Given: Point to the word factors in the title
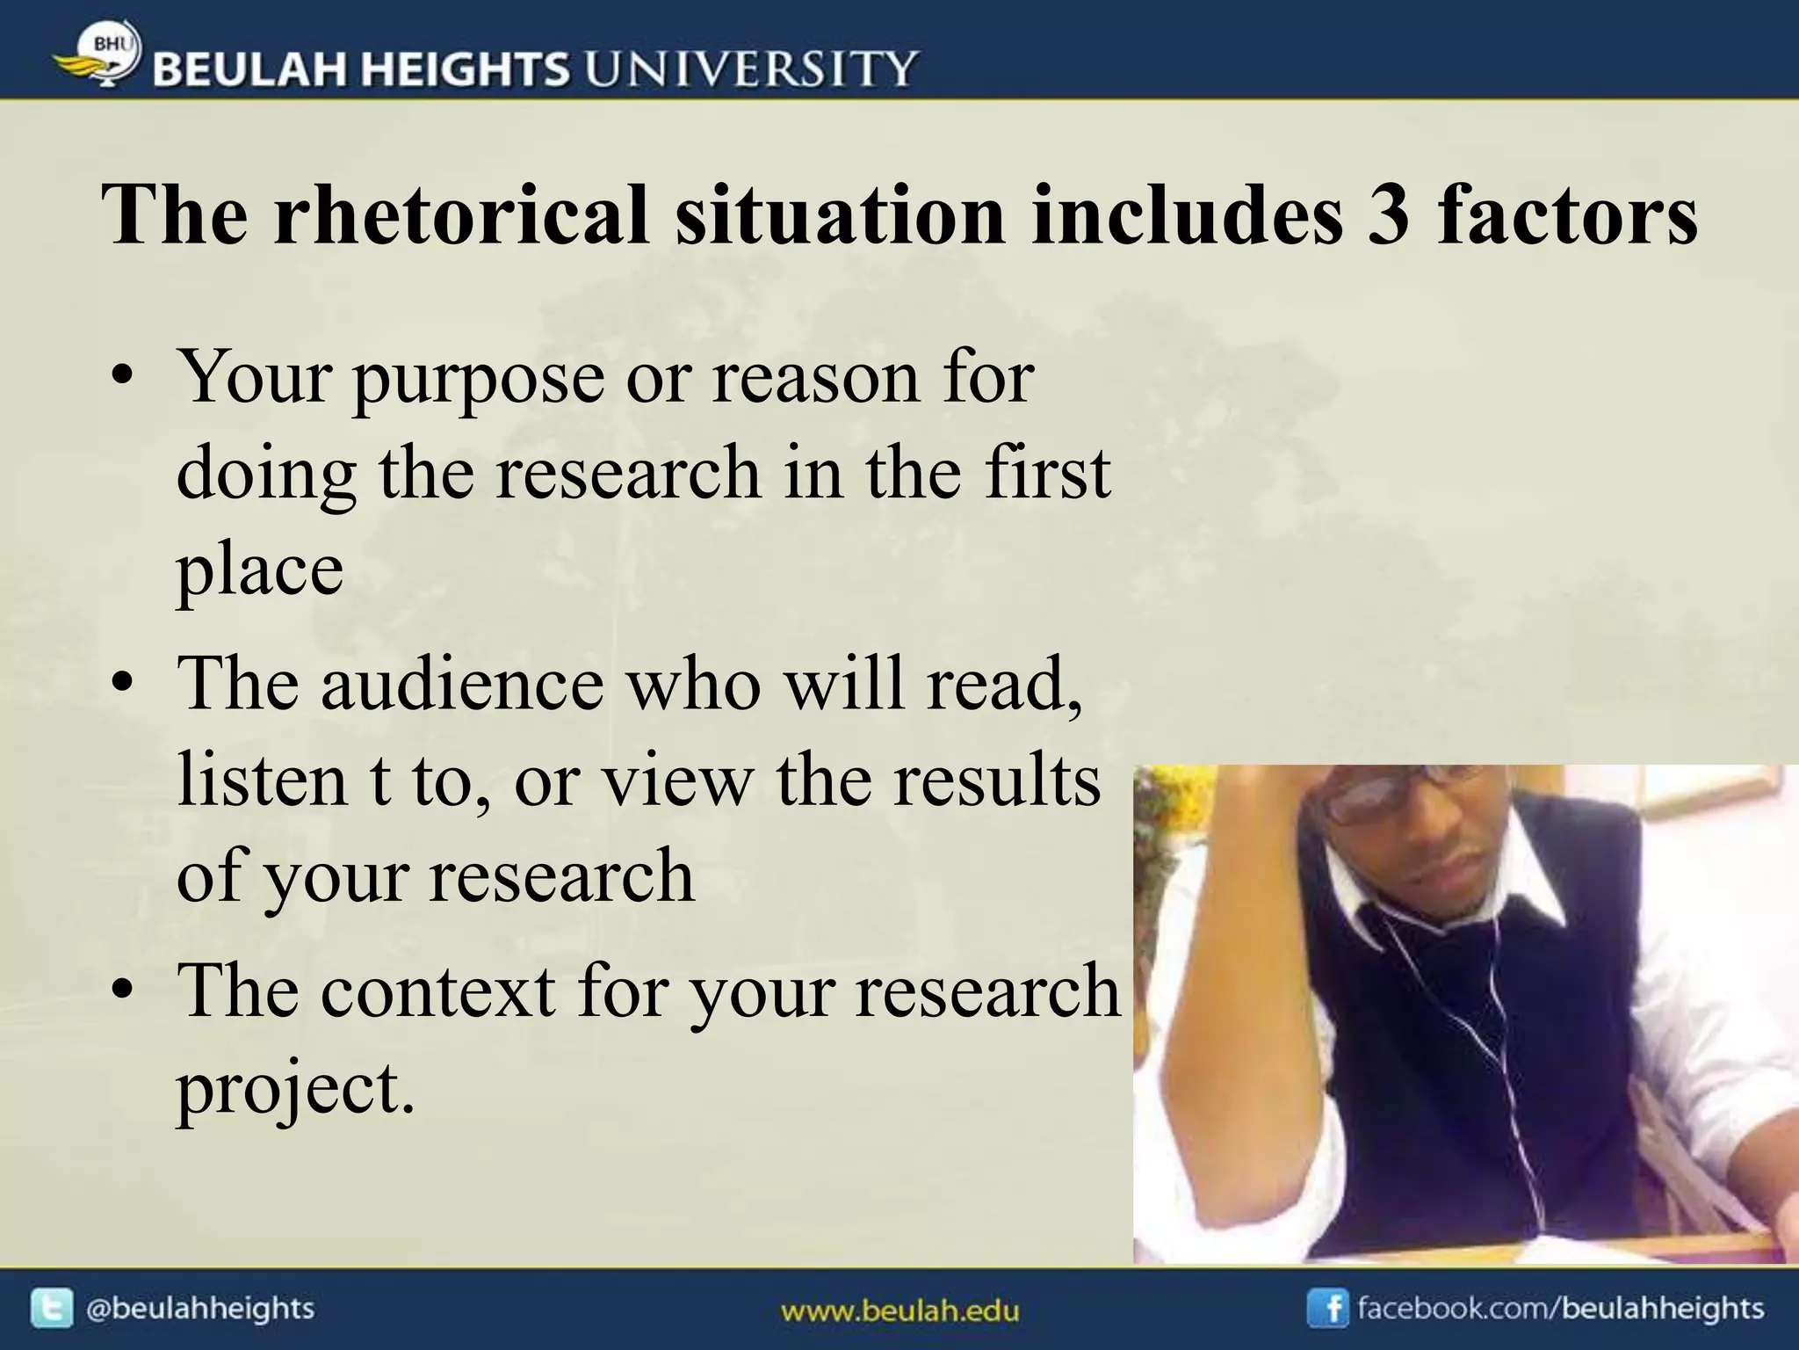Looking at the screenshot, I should click(x=1567, y=215).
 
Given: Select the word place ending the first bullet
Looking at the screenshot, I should click(x=260, y=570).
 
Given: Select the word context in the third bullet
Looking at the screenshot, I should click(x=437, y=991).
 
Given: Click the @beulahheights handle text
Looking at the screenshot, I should click(x=199, y=1309).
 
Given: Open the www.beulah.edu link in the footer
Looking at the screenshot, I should click(x=899, y=1311).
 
